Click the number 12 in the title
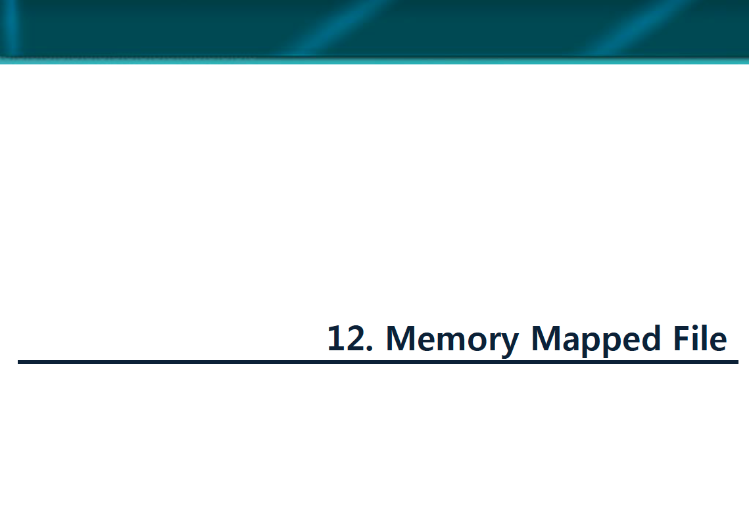[346, 338]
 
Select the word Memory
[452, 339]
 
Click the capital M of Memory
[400, 338]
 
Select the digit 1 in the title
[336, 338]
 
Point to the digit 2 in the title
[355, 338]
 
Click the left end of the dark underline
[20, 361]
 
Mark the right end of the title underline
[737, 361]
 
